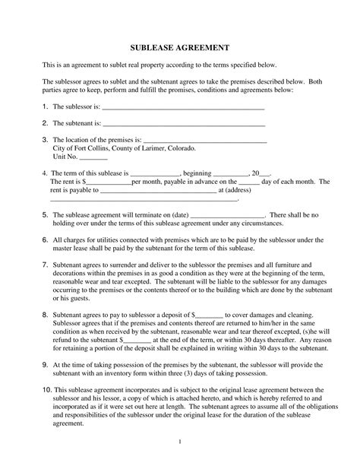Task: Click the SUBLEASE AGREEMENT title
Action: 179,47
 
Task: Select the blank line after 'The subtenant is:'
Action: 183,124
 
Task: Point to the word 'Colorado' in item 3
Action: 182,148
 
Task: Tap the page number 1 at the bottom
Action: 179,442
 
